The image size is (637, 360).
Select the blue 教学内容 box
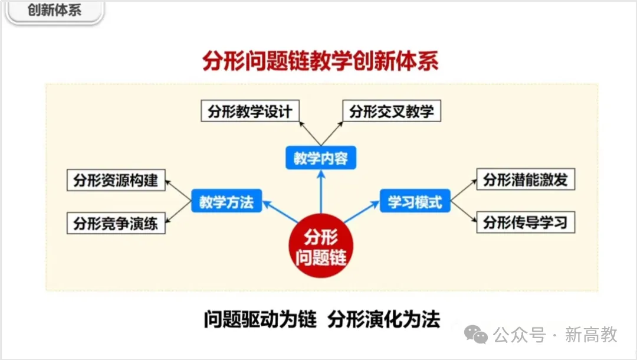click(x=320, y=158)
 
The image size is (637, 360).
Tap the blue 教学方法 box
click(x=226, y=202)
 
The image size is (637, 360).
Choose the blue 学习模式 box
click(x=415, y=202)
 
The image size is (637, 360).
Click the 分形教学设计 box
click(x=250, y=112)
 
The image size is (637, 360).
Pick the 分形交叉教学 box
click(x=391, y=112)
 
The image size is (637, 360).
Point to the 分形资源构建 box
click(x=116, y=180)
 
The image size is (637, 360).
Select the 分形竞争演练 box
click(x=116, y=224)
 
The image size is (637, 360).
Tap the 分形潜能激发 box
click(x=525, y=180)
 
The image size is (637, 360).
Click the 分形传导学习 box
click(x=525, y=222)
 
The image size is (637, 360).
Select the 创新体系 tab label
click(x=54, y=11)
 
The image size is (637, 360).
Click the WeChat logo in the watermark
click(x=476, y=335)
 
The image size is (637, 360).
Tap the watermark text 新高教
click(x=591, y=335)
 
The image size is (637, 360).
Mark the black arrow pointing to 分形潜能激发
click(x=463, y=190)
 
